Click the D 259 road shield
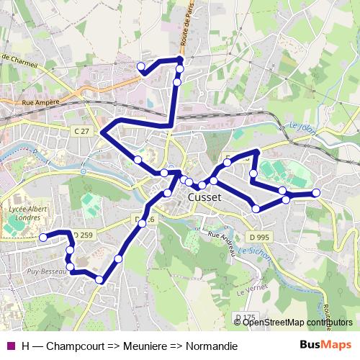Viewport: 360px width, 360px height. pyautogui.click(x=83, y=235)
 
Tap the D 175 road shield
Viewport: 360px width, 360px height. pyautogui.click(x=245, y=317)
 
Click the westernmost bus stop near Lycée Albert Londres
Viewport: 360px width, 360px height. pyautogui.click(x=43, y=237)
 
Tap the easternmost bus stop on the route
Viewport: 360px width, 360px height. pyautogui.click(x=315, y=192)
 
